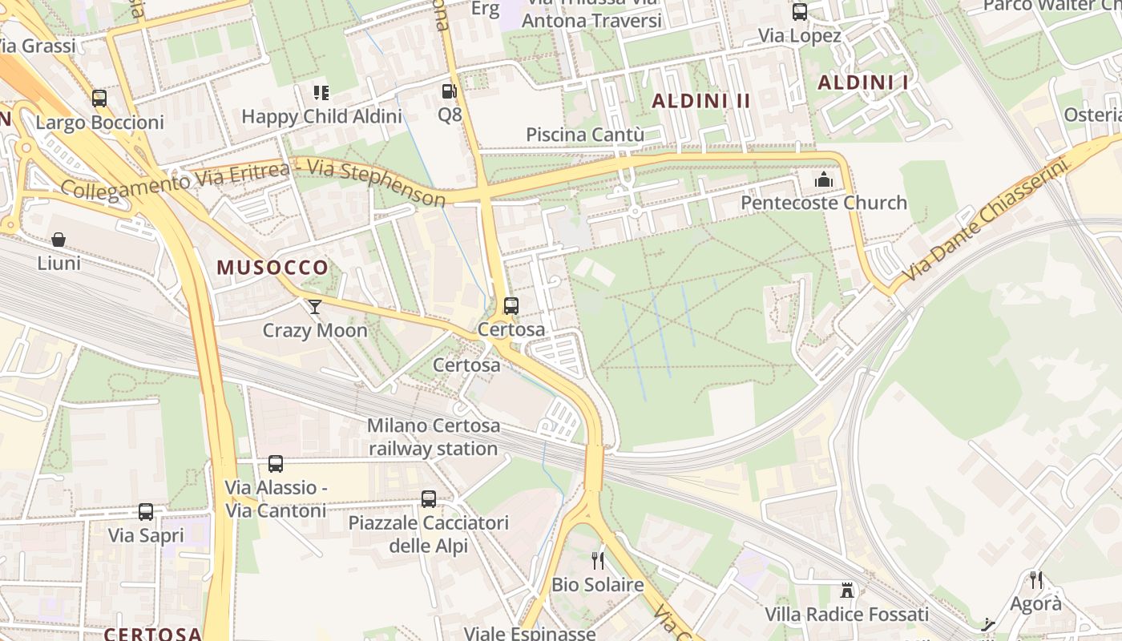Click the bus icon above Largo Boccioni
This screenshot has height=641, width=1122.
99,99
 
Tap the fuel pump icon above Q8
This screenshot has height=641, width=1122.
449,91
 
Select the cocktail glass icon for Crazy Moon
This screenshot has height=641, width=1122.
315,306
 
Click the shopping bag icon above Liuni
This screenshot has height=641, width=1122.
59,239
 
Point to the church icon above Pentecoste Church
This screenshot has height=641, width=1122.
823,179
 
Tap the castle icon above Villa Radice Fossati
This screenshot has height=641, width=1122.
846,591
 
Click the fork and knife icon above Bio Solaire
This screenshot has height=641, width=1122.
597,561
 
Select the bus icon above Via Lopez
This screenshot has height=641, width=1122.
799,12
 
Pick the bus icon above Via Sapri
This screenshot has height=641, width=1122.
145,512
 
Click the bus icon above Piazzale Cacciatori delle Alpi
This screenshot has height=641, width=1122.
429,499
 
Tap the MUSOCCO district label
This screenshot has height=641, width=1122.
272,268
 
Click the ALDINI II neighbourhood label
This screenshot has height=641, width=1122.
701,101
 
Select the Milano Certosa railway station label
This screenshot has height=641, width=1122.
434,437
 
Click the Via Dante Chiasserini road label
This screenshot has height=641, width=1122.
986,220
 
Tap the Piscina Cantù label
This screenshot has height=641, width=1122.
585,135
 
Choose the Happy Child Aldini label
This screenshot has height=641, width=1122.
321,116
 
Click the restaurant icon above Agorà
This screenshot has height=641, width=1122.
1036,579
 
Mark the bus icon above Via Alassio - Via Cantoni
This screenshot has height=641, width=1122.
276,464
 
